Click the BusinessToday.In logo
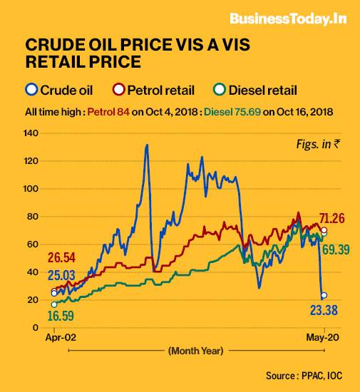pos(287,19)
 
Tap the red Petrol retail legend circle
pos(120,90)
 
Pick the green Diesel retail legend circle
pos(220,90)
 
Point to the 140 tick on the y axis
pos(31,133)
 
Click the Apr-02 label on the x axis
pos(55,339)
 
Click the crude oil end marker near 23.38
pos(324,295)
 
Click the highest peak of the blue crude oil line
pos(147,145)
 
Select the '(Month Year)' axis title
pos(196,351)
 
